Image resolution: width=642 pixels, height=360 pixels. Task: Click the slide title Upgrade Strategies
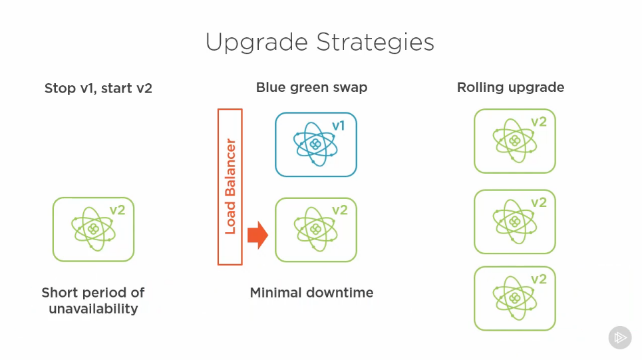[x=319, y=43]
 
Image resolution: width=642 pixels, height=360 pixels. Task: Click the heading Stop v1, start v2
[x=98, y=88]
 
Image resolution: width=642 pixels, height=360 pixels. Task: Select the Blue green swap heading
[x=311, y=87]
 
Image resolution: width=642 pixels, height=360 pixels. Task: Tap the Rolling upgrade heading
[x=510, y=87]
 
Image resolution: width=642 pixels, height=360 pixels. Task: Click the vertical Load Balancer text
[x=230, y=186]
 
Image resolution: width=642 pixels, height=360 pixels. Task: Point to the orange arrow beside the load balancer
[x=257, y=235]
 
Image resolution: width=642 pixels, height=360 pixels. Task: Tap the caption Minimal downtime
[x=311, y=292]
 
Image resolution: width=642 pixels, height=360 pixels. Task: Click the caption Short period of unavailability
[x=93, y=300]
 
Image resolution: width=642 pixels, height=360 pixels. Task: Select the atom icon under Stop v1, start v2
[x=92, y=230]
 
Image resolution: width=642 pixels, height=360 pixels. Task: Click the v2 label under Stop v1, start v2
[x=118, y=210]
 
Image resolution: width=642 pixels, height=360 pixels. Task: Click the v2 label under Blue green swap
[x=339, y=210]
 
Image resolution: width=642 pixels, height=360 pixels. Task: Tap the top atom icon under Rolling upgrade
[x=513, y=141]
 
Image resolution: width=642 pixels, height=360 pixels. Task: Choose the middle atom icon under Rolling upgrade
[x=513, y=222]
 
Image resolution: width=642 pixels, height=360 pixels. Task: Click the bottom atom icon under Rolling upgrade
[x=513, y=299]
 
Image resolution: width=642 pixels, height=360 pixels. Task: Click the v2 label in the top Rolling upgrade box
[x=538, y=122]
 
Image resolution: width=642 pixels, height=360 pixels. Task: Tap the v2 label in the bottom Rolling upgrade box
[x=538, y=279]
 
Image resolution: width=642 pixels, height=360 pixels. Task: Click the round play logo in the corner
[x=620, y=337]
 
